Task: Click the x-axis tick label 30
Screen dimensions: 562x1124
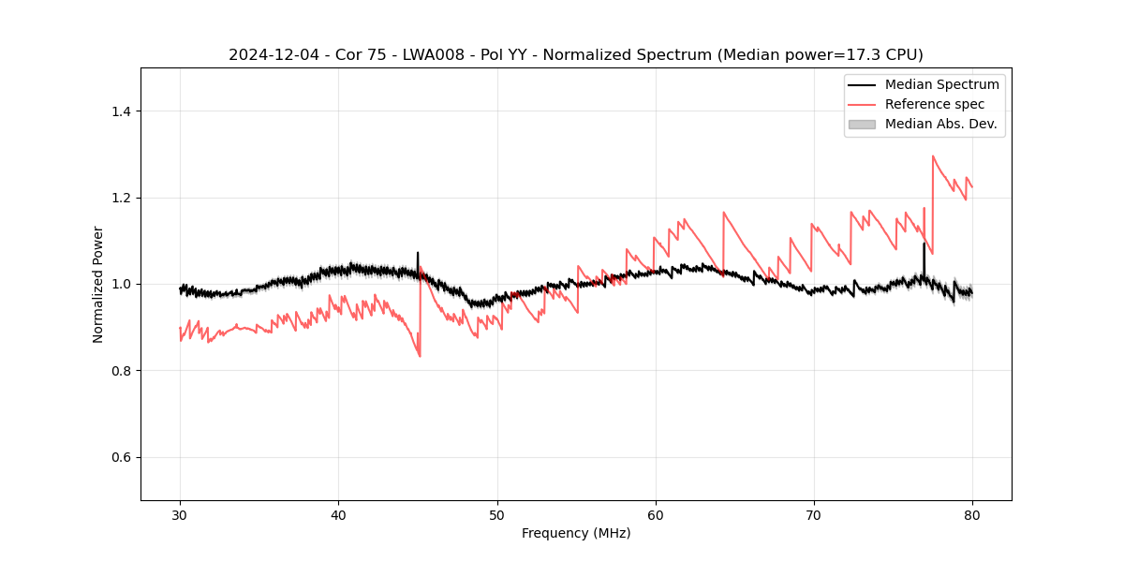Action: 180,514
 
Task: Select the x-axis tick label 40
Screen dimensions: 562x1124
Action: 338,514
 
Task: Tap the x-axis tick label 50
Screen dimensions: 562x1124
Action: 497,514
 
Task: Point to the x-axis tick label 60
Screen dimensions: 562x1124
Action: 656,514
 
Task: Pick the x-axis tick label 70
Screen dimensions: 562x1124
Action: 814,514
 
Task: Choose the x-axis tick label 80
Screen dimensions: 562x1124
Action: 972,514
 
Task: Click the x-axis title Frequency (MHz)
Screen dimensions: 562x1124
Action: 576,533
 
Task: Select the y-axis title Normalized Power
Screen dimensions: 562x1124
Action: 98,284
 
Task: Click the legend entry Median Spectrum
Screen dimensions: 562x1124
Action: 941,84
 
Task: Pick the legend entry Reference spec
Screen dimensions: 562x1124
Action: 935,104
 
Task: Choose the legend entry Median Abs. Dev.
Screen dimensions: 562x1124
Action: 940,124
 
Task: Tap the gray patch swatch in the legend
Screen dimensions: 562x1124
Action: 862,124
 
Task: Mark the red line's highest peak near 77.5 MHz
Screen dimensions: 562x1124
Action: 933,156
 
